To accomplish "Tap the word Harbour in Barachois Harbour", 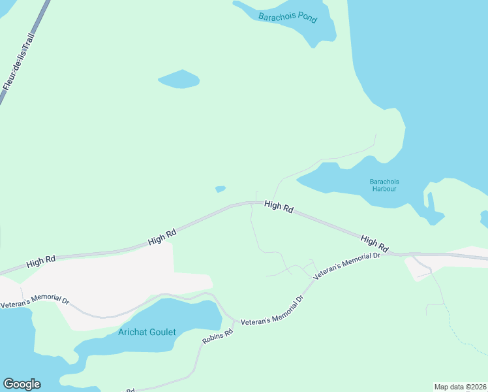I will coord(384,189).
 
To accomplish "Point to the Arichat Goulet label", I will coord(147,332).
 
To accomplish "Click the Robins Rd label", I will coord(217,337).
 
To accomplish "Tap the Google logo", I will coord(22,384).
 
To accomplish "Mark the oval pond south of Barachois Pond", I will coord(178,79).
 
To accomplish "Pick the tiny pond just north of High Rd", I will coord(221,189).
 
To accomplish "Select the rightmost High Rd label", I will coord(374,244).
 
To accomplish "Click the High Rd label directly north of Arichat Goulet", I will coord(162,237).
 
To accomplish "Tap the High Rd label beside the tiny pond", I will coord(279,206).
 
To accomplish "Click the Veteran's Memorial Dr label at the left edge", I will coord(34,302).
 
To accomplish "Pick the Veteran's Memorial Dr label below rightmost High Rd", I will coord(346,266).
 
